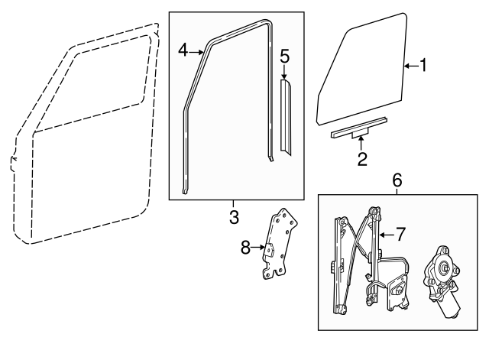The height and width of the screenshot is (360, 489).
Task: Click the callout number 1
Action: click(422, 66)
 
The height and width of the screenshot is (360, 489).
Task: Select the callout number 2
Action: click(362, 159)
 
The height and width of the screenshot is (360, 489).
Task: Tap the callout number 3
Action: click(235, 217)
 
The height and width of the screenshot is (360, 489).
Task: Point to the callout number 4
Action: click(183, 50)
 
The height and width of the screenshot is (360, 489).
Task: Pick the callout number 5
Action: click(284, 56)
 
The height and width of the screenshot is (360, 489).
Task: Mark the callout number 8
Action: click(245, 247)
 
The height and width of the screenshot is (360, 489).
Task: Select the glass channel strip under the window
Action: click(359, 128)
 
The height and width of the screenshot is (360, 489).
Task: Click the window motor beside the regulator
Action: click(443, 283)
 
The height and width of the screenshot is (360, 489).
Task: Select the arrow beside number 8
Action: click(260, 247)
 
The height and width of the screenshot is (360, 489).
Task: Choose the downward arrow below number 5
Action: click(284, 73)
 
